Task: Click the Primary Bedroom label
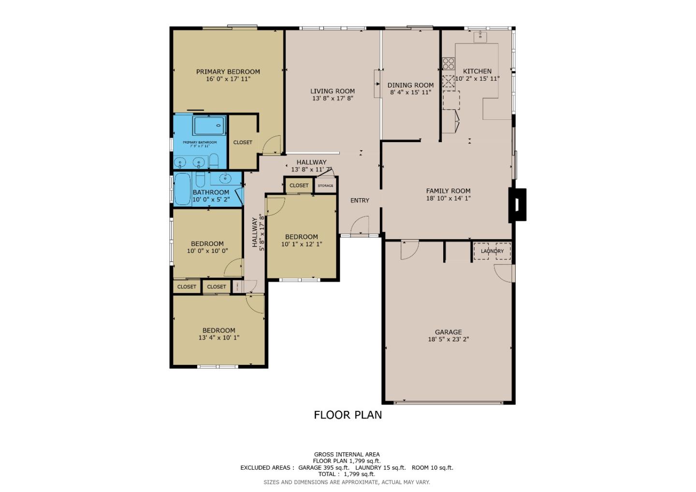(228, 72)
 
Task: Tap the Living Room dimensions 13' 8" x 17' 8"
(333, 99)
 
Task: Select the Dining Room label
(410, 86)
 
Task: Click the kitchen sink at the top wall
(480, 36)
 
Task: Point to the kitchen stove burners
(449, 64)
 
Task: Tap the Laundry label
(492, 251)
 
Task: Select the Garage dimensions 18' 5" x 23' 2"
(448, 339)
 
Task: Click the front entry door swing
(360, 226)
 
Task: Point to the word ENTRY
(360, 201)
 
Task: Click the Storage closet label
(325, 186)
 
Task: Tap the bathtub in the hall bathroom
(183, 189)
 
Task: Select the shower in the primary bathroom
(209, 126)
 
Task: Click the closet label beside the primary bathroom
(243, 143)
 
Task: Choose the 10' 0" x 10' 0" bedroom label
(207, 244)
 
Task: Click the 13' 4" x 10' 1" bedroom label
(218, 331)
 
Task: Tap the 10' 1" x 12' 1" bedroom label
(301, 237)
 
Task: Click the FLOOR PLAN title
(348, 415)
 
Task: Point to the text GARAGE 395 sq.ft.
(323, 468)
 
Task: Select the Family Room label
(448, 191)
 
